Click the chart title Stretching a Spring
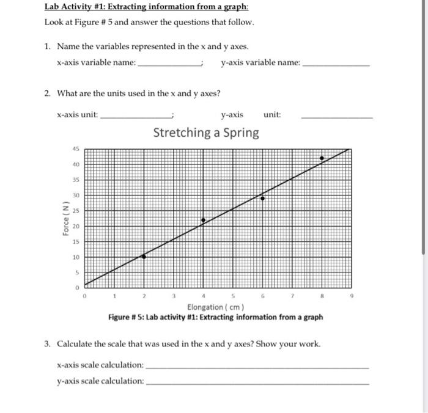tap(206, 133)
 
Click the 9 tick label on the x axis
tap(352, 295)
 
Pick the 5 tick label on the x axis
tap(233, 295)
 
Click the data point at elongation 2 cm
tap(144, 257)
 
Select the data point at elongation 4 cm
tap(204, 219)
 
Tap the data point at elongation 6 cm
tap(263, 198)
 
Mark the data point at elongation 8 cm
tap(322, 158)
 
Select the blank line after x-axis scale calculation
tap(258, 367)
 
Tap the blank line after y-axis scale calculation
tap(258, 382)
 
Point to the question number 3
tap(47, 344)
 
